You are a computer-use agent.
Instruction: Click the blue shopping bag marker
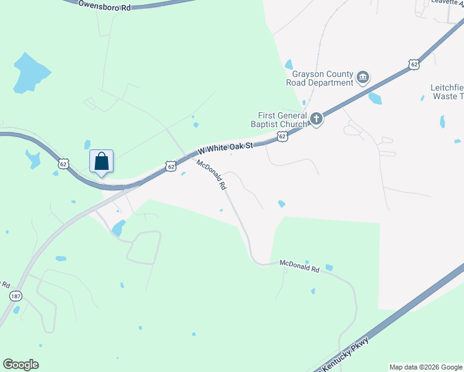coord(101,161)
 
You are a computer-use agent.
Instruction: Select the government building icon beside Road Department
coord(363,77)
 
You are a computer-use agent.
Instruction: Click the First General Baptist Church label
coord(283,120)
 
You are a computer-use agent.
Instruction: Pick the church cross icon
coord(316,118)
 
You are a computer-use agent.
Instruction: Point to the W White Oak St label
coord(226,148)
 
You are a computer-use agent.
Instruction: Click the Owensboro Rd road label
coord(105,6)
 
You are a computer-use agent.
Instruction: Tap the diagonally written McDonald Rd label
coord(211,175)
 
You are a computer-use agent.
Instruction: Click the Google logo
coord(20,365)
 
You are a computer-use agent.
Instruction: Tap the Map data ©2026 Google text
coord(426,367)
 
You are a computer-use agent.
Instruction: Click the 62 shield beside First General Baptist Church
coord(282,136)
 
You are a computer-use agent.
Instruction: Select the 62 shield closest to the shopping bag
coord(63,164)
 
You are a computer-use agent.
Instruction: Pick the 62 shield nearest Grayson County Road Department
coord(414,63)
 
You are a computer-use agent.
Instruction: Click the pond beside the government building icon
coord(375,98)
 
